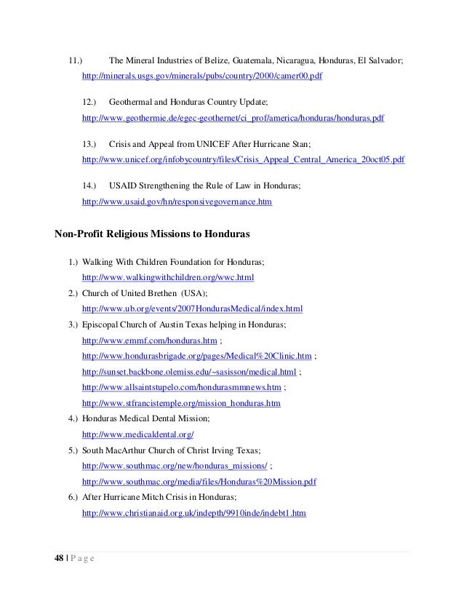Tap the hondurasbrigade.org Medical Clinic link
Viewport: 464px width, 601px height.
197,356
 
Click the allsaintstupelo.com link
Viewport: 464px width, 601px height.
182,387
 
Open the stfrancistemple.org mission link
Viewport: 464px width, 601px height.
182,403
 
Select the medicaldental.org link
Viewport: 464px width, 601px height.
138,434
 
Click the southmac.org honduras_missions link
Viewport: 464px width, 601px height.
175,466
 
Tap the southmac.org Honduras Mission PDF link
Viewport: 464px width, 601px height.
200,482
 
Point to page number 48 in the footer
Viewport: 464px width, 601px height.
60,558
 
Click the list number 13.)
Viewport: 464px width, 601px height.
90,145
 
